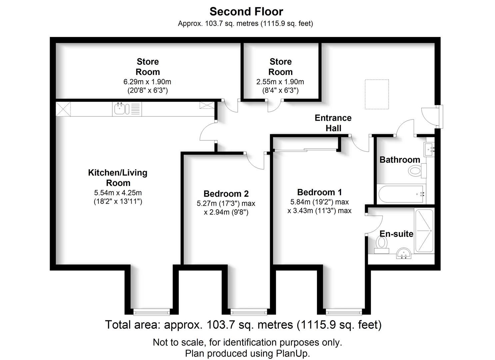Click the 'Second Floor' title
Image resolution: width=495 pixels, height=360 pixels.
pos(246,12)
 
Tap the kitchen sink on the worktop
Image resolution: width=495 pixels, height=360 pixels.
pos(121,109)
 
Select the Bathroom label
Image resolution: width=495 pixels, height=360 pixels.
pos(400,160)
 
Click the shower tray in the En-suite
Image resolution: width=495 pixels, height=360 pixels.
pos(424,230)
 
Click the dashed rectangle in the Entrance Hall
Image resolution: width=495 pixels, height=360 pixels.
pos(377,94)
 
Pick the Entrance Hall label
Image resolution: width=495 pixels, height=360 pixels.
pos(333,123)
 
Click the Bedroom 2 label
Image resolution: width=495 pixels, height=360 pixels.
pos(226,194)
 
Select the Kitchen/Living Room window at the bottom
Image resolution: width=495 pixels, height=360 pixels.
pos(151,312)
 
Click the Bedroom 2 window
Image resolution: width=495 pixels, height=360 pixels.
pos(249,312)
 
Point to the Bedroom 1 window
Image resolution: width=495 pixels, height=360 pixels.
pos(344,312)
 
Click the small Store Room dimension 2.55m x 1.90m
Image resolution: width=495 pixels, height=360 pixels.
pos(280,82)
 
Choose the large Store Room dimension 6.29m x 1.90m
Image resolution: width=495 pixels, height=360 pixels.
pos(147,82)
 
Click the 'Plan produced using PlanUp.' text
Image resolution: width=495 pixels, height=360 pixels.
pos(247,353)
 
